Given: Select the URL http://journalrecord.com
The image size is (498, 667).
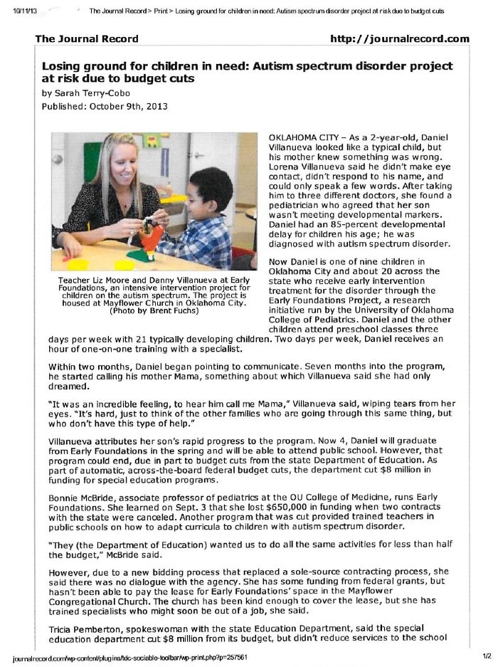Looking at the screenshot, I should pos(400,38).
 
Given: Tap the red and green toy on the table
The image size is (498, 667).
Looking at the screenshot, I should pos(147,246).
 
